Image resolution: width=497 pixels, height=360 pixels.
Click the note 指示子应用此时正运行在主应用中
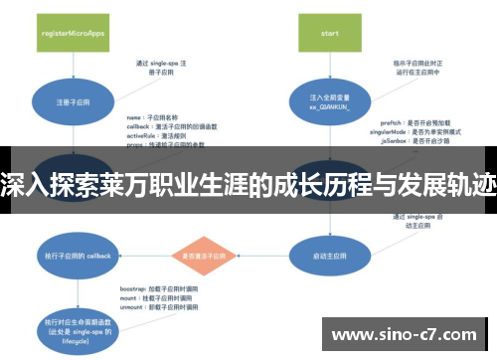418,68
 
